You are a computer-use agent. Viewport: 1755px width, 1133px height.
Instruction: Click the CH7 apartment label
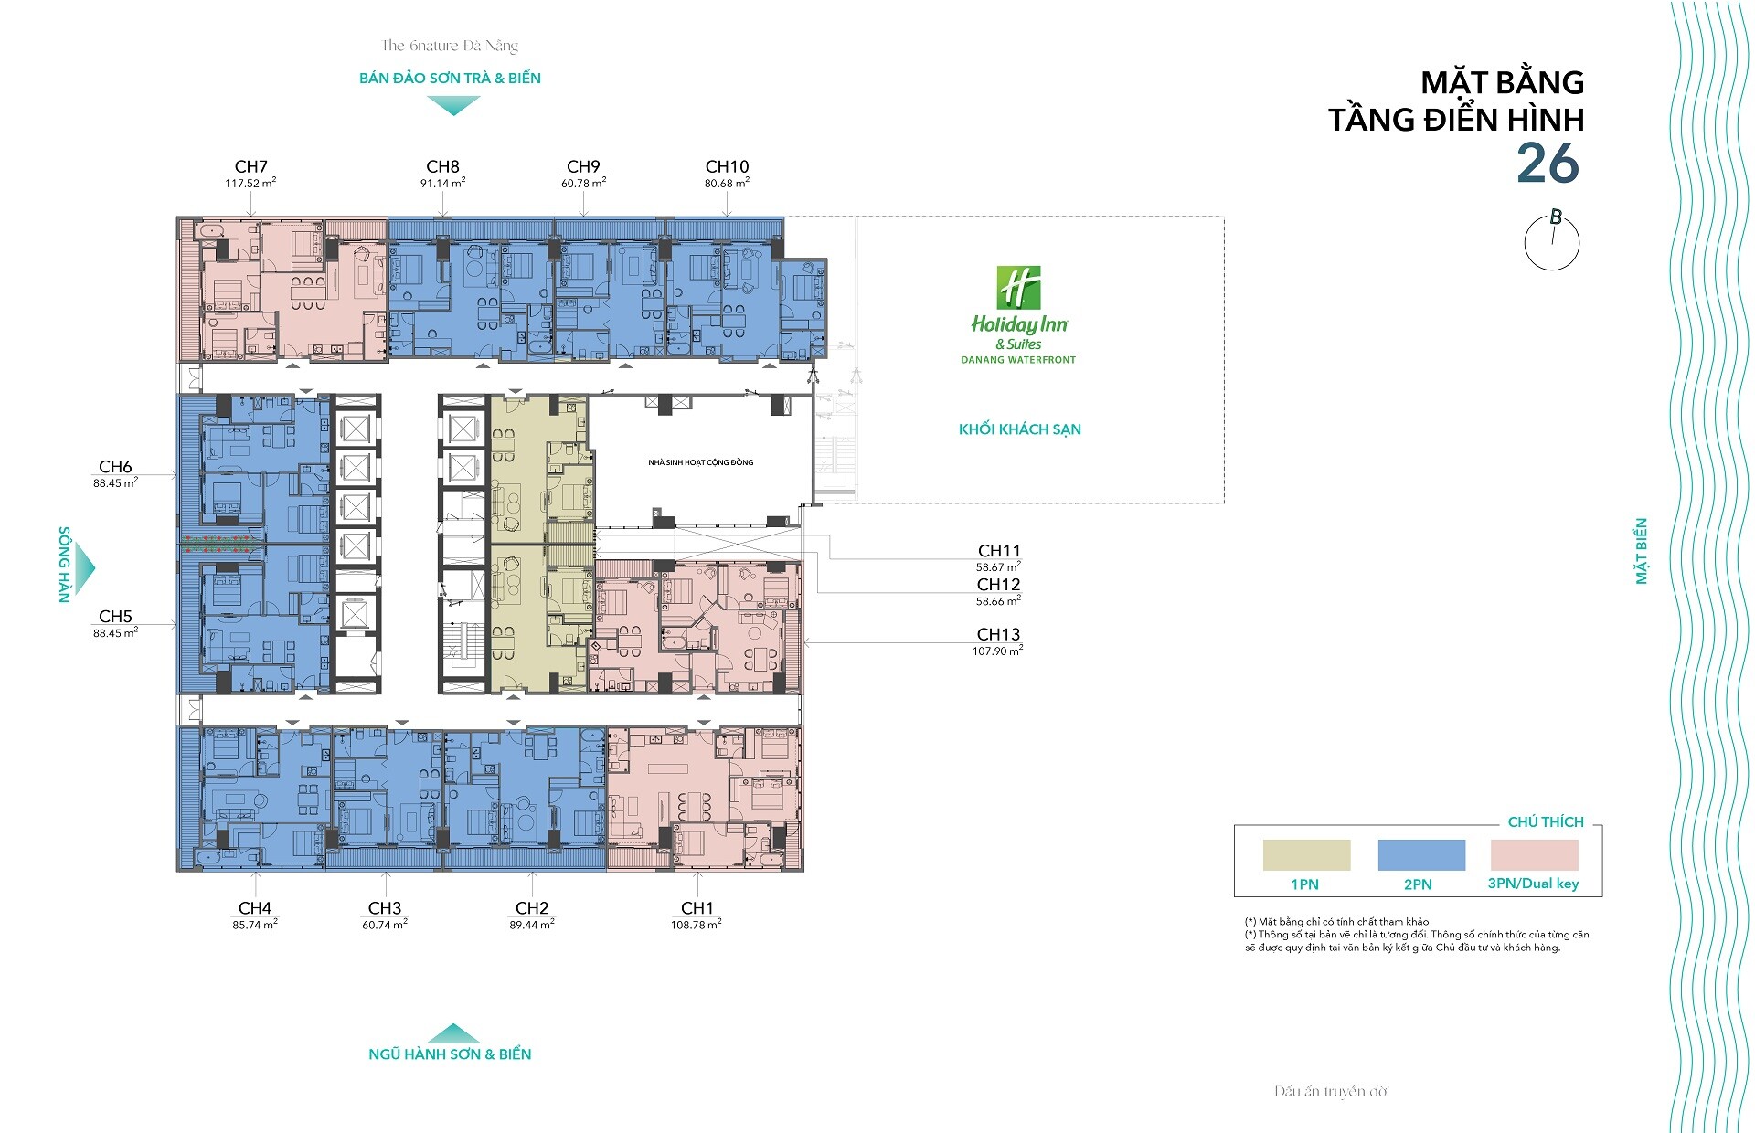(251, 166)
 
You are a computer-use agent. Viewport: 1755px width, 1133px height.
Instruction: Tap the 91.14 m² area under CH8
(443, 183)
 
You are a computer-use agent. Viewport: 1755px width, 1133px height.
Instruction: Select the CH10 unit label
(727, 166)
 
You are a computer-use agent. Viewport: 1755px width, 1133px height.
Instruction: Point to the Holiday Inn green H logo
(1018, 288)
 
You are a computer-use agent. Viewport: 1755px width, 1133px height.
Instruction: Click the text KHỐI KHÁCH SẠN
(1020, 429)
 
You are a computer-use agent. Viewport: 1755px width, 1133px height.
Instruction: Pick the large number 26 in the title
(1548, 164)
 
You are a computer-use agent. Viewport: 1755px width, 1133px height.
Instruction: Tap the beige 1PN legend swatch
(1306, 855)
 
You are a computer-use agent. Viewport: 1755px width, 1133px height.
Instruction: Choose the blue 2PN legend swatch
(1421, 855)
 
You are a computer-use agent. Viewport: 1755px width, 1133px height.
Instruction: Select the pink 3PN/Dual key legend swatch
(1535, 855)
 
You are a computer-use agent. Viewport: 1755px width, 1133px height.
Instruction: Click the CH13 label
(998, 634)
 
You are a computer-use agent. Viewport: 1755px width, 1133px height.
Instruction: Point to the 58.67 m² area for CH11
(998, 567)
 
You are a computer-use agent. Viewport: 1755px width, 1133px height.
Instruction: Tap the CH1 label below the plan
(697, 908)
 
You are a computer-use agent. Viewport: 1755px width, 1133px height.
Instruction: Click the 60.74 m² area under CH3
(385, 925)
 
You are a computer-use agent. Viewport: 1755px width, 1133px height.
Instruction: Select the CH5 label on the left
(116, 617)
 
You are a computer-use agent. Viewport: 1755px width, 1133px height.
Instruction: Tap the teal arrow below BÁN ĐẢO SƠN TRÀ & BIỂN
(453, 106)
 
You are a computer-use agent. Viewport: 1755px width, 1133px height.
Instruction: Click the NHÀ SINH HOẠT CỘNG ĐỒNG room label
(701, 462)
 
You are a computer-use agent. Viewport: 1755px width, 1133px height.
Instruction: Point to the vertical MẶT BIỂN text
(1642, 551)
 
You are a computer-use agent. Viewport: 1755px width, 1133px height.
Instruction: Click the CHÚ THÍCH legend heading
(1546, 822)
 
